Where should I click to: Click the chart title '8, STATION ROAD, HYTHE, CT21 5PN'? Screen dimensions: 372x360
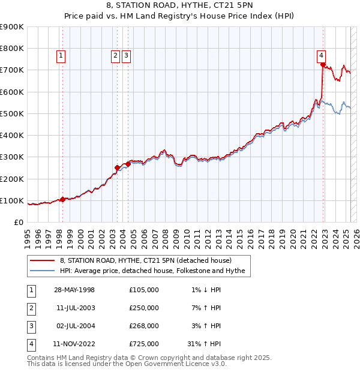click(x=179, y=7)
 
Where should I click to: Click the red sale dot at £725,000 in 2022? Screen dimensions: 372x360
click(x=323, y=64)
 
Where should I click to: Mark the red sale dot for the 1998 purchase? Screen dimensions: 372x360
click(x=62, y=199)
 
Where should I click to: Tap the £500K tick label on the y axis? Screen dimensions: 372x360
click(x=12, y=113)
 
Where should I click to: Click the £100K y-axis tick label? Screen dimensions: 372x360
click(x=12, y=200)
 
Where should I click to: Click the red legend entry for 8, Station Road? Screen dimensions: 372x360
click(x=149, y=260)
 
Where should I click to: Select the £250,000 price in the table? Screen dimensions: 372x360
click(x=144, y=308)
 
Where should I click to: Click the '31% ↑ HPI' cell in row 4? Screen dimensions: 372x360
click(x=204, y=344)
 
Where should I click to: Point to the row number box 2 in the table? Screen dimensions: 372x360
click(x=31, y=308)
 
